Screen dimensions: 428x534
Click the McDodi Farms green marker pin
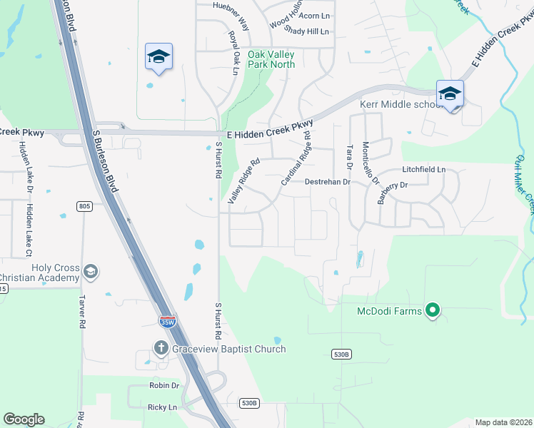pyautogui.click(x=432, y=310)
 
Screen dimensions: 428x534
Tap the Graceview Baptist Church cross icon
pyautogui.click(x=161, y=349)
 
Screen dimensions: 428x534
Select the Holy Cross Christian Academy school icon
pyautogui.click(x=91, y=271)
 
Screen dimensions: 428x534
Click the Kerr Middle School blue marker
pyautogui.click(x=450, y=93)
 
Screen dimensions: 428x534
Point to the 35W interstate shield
pyautogui.click(x=167, y=322)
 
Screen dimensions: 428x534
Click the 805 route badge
pyautogui.click(x=85, y=206)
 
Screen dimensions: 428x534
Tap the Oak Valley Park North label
pyautogui.click(x=271, y=59)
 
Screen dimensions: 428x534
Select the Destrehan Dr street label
pyautogui.click(x=327, y=182)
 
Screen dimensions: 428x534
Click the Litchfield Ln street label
pyautogui.click(x=423, y=170)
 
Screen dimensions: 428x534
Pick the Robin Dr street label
pyautogui.click(x=164, y=385)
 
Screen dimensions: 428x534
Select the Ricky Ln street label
pyautogui.click(x=161, y=407)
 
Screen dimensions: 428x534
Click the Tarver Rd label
pyautogui.click(x=83, y=314)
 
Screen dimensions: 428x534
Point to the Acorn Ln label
pyautogui.click(x=315, y=16)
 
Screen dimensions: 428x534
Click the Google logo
pyautogui.click(x=24, y=419)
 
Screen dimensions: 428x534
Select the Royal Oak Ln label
pyautogui.click(x=233, y=48)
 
